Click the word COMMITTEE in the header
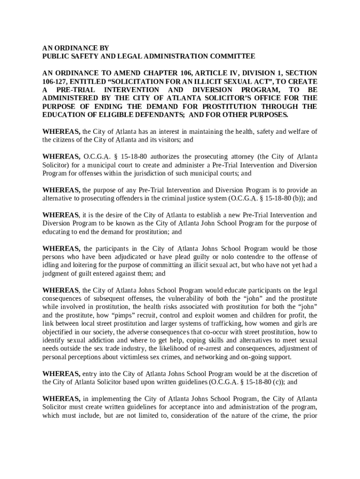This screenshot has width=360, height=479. [230, 56]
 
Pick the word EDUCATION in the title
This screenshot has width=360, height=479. [64, 115]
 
